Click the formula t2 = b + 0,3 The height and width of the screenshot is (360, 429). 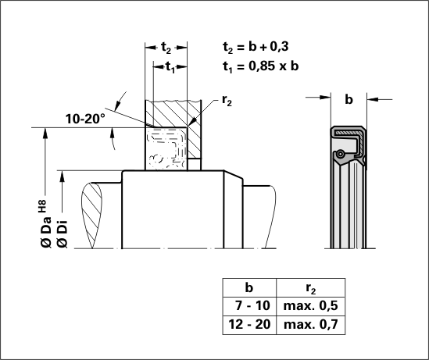point(256,47)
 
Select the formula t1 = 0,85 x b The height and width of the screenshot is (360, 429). point(260,66)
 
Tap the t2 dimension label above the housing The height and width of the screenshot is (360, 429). point(166,48)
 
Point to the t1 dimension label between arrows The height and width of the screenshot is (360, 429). point(170,67)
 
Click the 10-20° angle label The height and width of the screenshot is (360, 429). point(85,119)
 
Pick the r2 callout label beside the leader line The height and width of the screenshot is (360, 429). point(227,101)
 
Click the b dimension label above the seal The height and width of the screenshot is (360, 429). point(349,99)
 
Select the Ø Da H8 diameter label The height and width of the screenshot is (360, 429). point(45,224)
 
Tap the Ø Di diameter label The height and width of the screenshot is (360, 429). point(63,234)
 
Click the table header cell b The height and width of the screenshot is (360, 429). point(249,288)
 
